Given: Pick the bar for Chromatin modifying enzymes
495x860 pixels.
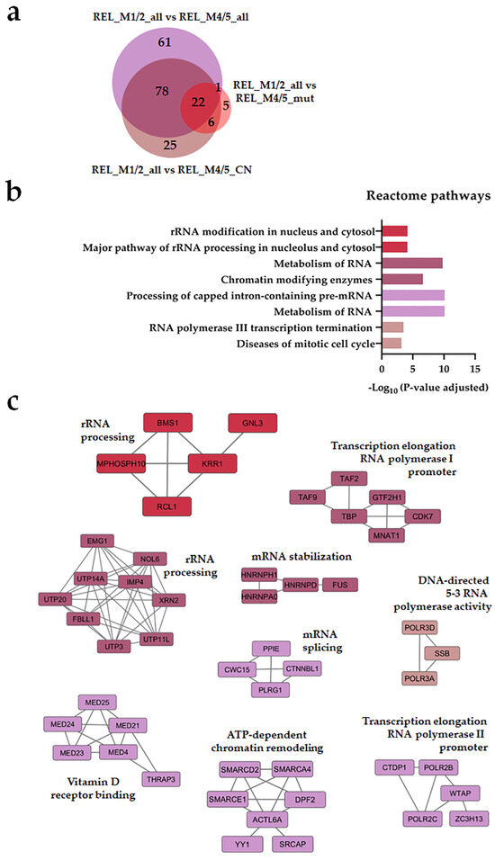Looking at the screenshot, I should [x=402, y=279].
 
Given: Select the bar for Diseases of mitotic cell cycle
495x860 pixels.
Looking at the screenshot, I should [x=391, y=344].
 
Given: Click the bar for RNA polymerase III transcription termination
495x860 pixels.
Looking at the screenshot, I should [x=392, y=327].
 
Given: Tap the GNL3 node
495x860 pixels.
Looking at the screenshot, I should [x=251, y=423].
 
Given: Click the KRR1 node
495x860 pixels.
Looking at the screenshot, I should [x=211, y=464].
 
